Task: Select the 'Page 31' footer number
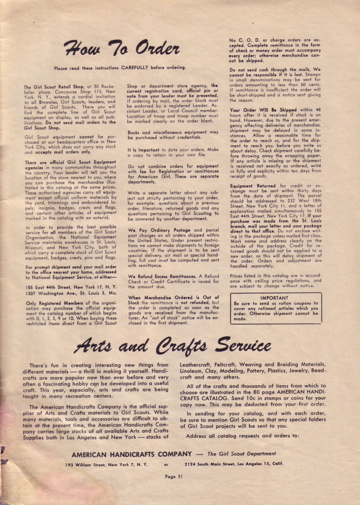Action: (174, 476)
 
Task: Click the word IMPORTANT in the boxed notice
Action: (274, 298)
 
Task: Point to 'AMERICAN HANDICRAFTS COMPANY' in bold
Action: (132, 454)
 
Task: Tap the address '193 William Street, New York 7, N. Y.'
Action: (107, 465)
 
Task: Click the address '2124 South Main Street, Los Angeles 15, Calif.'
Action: (234, 464)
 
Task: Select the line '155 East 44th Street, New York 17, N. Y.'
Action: (71, 287)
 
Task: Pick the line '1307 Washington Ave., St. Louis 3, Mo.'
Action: (71, 293)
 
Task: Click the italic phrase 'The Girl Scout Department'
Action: (241, 454)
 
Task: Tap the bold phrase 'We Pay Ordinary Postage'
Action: (159, 230)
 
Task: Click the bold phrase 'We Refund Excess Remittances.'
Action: (162, 276)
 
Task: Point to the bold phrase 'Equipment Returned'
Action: (253, 186)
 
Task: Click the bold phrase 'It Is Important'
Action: (143, 150)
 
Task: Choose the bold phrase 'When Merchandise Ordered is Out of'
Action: (173, 297)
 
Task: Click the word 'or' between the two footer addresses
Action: (166, 465)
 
